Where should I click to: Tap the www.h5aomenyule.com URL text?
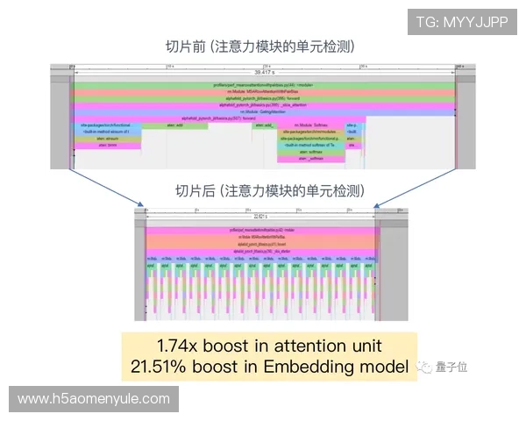point(94,399)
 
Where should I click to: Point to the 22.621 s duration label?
point(259,216)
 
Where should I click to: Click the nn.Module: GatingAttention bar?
point(264,111)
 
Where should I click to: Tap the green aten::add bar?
point(174,125)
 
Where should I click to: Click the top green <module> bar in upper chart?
point(264,84)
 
